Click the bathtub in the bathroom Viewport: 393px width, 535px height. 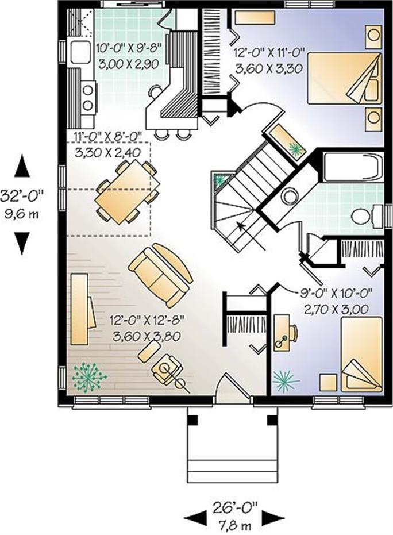click(352, 167)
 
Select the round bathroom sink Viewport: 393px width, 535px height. click(290, 197)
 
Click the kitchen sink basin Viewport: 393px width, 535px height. click(79, 52)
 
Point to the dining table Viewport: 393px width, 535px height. click(128, 192)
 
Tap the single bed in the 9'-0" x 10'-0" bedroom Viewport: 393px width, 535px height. click(361, 354)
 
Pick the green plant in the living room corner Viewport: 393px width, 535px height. click(89, 377)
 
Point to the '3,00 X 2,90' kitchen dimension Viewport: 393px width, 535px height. click(129, 64)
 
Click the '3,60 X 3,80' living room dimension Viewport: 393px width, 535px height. click(146, 336)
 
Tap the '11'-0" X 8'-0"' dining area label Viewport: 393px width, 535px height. click(108, 136)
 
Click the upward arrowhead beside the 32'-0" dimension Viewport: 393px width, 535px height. click(22, 165)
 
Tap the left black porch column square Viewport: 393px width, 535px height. click(192, 420)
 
